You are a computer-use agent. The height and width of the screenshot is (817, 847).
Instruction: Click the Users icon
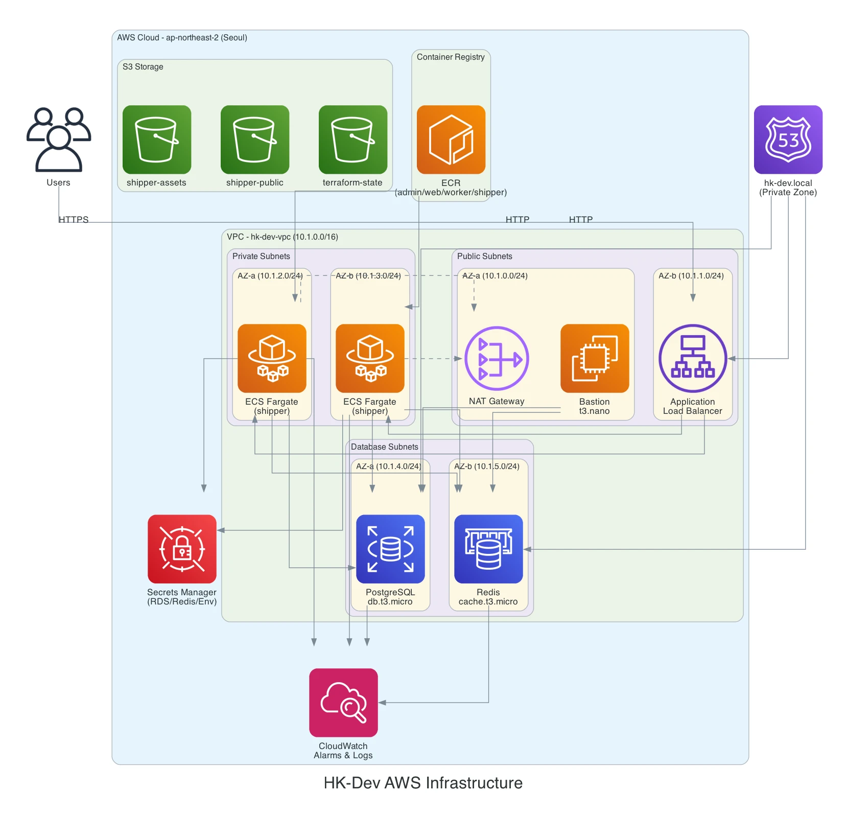(x=59, y=139)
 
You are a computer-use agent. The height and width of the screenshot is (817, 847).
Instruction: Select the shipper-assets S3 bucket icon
(x=157, y=139)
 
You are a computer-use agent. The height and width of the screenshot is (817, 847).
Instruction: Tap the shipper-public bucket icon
(x=255, y=139)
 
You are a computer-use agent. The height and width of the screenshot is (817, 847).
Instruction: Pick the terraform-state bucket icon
(x=353, y=139)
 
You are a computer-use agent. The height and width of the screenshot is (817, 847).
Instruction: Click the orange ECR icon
(x=451, y=139)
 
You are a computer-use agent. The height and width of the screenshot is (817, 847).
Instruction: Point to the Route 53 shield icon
(x=788, y=139)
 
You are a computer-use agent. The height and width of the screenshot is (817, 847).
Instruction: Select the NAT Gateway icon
(x=497, y=358)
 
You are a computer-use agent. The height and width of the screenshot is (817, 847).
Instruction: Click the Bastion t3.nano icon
(x=595, y=358)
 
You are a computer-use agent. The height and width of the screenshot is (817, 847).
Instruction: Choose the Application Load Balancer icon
(x=693, y=358)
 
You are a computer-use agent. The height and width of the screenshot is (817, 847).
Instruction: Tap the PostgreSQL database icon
(x=390, y=549)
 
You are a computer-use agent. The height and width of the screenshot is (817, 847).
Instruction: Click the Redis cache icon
(x=488, y=549)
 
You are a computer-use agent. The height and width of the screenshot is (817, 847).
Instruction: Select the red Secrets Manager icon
(x=182, y=549)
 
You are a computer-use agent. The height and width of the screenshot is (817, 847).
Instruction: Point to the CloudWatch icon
(x=343, y=703)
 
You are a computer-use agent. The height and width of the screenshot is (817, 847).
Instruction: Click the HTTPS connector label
(x=74, y=220)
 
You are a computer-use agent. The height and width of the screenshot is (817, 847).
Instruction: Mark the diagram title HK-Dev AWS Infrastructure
(x=423, y=783)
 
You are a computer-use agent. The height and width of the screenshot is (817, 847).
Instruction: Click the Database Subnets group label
(x=385, y=447)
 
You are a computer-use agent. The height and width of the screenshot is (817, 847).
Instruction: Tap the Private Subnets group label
(x=261, y=256)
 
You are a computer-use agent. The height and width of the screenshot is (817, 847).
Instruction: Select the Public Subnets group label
(x=485, y=256)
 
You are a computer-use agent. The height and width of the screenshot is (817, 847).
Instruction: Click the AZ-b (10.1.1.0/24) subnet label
(x=691, y=276)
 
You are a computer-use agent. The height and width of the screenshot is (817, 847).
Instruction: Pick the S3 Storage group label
(x=143, y=67)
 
